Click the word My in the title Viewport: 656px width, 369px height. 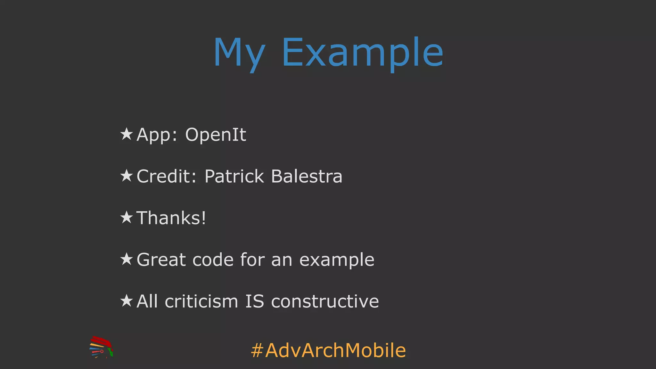tap(239, 53)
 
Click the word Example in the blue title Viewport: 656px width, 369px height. tap(362, 53)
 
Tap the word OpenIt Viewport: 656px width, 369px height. tap(216, 135)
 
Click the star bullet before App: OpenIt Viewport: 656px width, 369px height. tap(127, 134)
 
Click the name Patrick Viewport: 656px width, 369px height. tap(234, 176)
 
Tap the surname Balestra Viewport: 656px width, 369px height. tap(307, 176)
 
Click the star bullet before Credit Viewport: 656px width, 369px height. tap(127, 176)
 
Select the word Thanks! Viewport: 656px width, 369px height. tap(171, 218)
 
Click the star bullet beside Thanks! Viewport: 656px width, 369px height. tap(127, 217)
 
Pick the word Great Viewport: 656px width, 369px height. tap(161, 259)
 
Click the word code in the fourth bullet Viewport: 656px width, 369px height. tap(213, 259)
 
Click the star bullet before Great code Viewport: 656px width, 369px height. tap(127, 259)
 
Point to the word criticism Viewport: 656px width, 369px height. tap(201, 301)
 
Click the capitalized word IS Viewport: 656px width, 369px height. tap(255, 301)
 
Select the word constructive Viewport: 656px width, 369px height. tap(325, 301)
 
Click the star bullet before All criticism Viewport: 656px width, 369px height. tap(127, 301)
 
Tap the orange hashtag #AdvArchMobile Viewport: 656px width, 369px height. tap(328, 350)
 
